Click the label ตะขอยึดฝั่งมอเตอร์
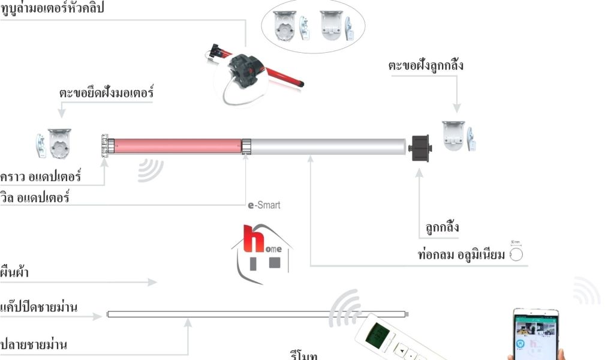pyautogui.click(x=107, y=94)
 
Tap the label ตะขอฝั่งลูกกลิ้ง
pyautogui.click(x=425, y=65)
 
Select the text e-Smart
pyautogui.click(x=264, y=205)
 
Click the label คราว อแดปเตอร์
pyautogui.click(x=41, y=177)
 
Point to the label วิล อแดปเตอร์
pyautogui.click(x=35, y=196)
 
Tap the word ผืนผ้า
pyautogui.click(x=15, y=272)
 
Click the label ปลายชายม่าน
pyautogui.click(x=34, y=344)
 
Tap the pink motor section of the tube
pyautogui.click(x=177, y=146)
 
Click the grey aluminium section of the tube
pyautogui.click(x=327, y=146)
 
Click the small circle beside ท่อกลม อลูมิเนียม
pyautogui.click(x=516, y=255)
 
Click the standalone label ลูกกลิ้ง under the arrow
pyautogui.click(x=439, y=228)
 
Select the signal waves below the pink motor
pyautogui.click(x=150, y=170)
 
